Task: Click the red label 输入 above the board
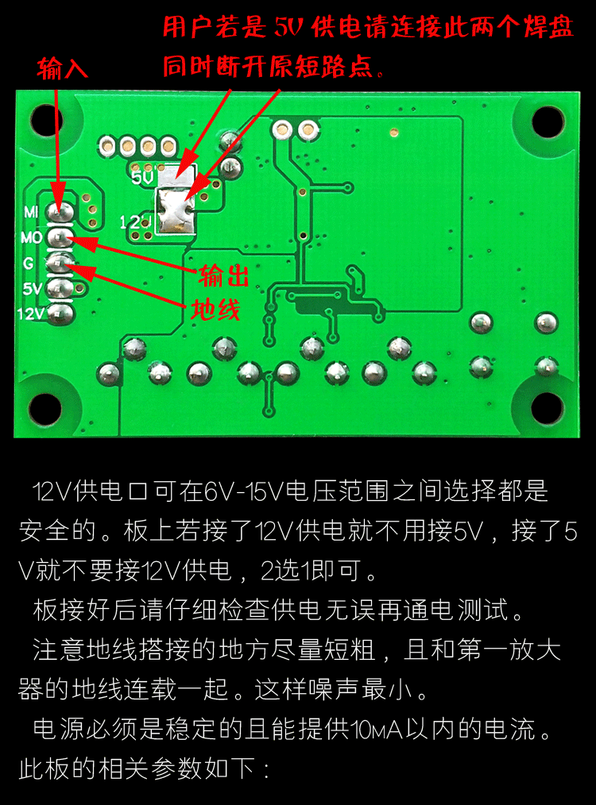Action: click(x=62, y=69)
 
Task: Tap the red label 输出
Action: click(x=223, y=276)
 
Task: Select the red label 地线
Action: click(x=215, y=310)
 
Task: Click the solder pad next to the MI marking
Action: click(x=60, y=212)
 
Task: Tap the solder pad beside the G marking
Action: click(x=60, y=261)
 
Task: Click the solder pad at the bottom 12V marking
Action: click(x=60, y=313)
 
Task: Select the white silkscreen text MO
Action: click(x=32, y=237)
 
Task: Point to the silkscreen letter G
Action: click(x=28, y=262)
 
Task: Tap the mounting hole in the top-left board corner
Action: click(x=45, y=121)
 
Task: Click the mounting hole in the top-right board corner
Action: click(x=548, y=121)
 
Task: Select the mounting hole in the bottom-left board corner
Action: click(x=45, y=408)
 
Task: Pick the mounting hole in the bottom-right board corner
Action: click(x=548, y=408)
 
